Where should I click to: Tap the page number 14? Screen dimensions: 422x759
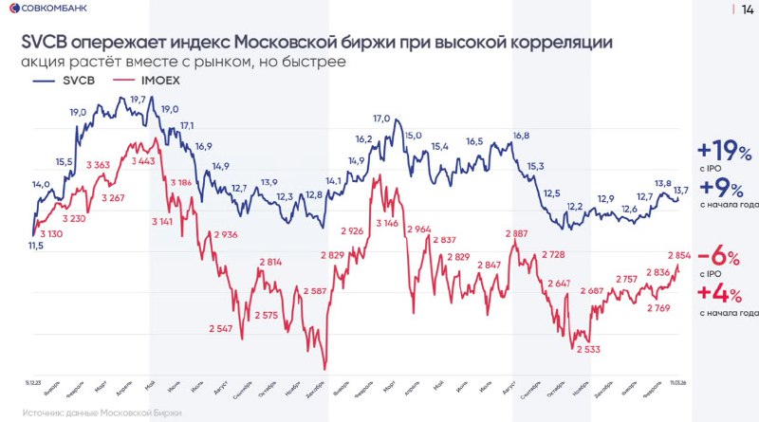point(747,9)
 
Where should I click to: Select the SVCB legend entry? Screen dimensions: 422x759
point(74,82)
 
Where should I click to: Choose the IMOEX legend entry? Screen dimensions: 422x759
point(159,82)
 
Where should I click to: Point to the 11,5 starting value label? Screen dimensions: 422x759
point(36,246)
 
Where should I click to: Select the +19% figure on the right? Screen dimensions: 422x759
point(724,151)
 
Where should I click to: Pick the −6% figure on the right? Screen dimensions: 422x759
point(724,258)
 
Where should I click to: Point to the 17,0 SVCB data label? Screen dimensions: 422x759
point(381,119)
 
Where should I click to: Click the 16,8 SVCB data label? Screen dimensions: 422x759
point(520,136)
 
